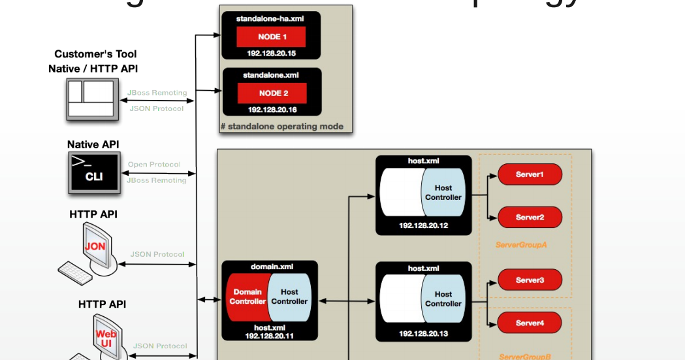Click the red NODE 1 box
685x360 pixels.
click(x=270, y=37)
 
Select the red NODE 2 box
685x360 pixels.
click(x=272, y=93)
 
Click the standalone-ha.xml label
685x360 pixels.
click(x=270, y=19)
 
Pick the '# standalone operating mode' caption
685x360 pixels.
click(x=282, y=127)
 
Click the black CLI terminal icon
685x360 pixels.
click(x=94, y=172)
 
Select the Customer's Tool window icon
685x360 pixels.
click(x=92, y=99)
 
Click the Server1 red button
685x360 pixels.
click(x=530, y=174)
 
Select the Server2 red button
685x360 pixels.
click(x=530, y=217)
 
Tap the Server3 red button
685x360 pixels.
click(x=530, y=280)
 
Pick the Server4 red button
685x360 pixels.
click(x=530, y=323)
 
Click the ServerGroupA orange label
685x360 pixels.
click(x=521, y=246)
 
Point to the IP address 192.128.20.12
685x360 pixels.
click(x=423, y=225)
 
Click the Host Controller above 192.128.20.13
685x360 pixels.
click(x=443, y=299)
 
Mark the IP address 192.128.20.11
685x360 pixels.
click(x=269, y=335)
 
